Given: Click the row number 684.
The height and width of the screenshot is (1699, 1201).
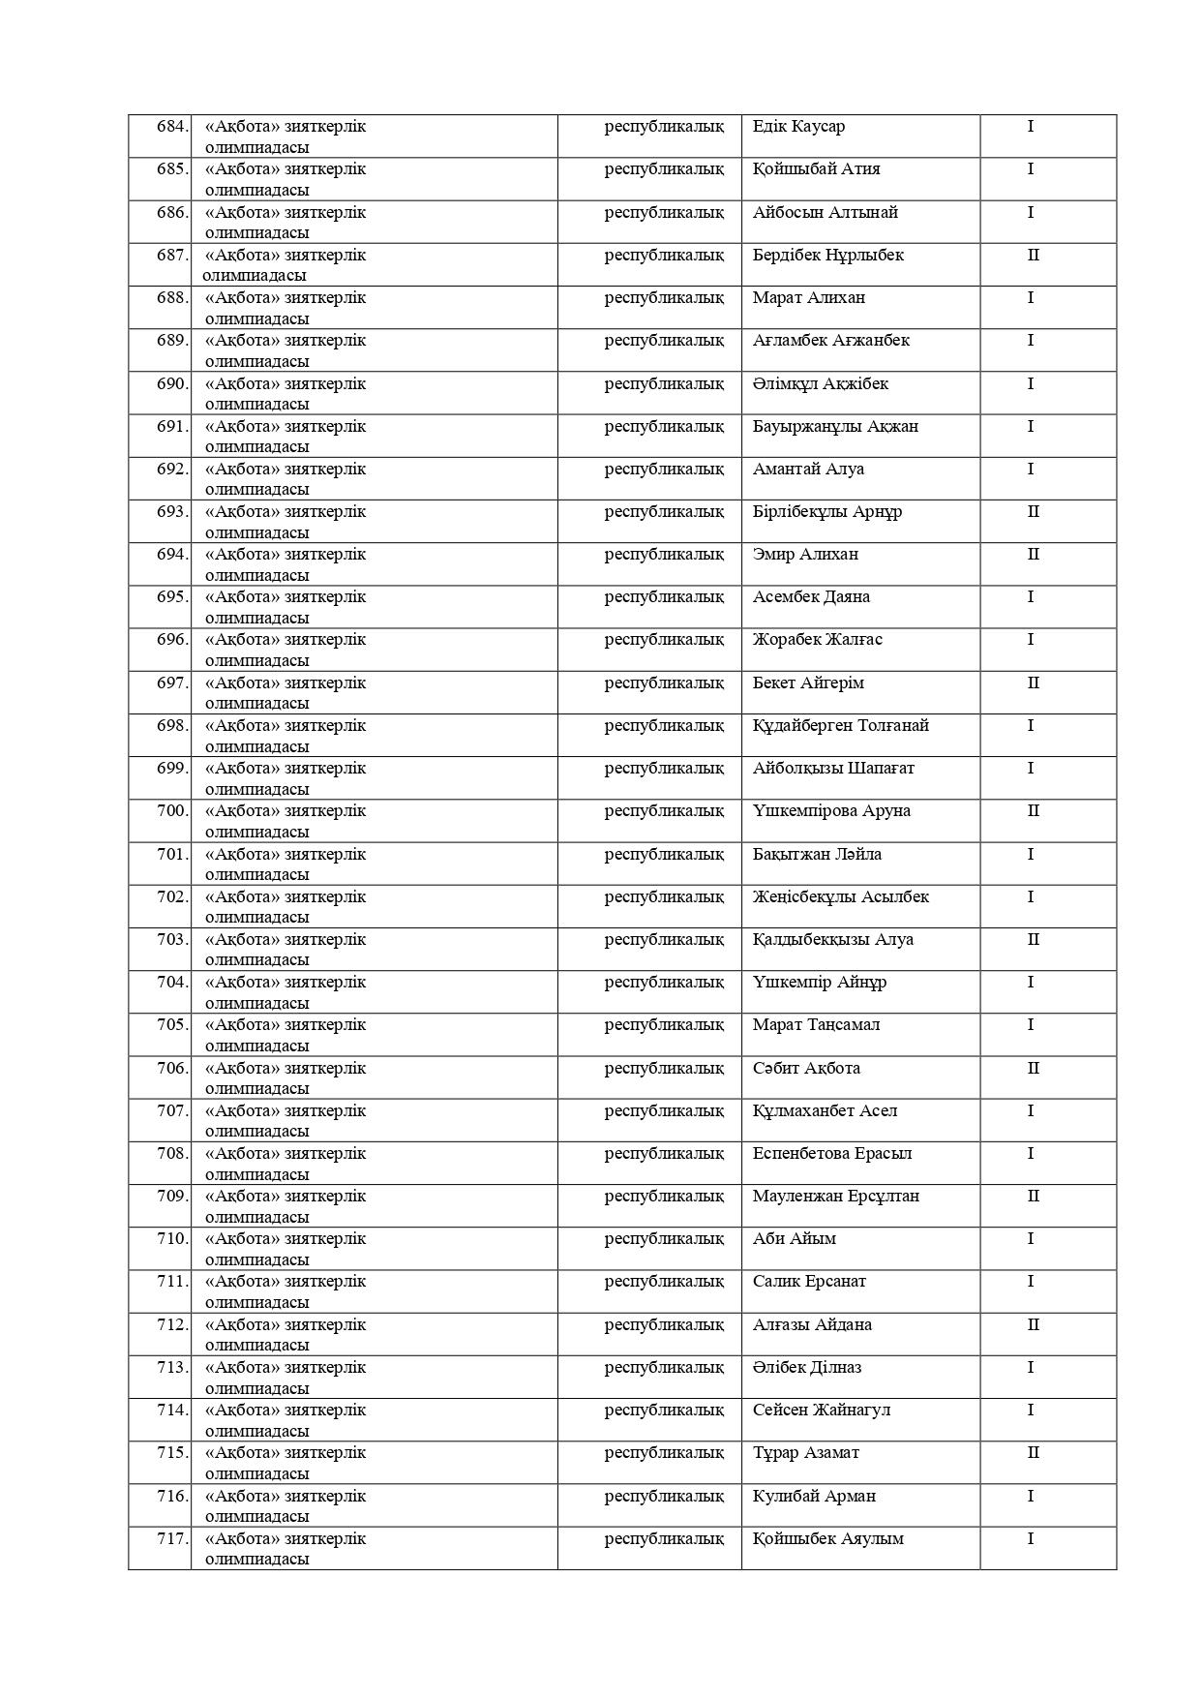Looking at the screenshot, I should (x=172, y=127).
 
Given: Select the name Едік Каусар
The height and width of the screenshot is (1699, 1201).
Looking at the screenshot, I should (x=798, y=127).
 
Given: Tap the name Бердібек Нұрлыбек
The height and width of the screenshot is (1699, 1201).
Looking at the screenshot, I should (x=827, y=256).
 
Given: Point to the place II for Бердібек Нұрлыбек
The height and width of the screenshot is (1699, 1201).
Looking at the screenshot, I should (x=1033, y=256).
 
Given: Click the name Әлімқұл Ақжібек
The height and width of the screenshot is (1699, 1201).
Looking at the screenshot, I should (x=820, y=384).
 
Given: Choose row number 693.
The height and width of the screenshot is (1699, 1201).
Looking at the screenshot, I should (x=172, y=512).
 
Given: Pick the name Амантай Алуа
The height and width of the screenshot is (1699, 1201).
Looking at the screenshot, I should (x=808, y=470).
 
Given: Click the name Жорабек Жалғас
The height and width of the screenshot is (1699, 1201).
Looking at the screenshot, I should (x=817, y=640).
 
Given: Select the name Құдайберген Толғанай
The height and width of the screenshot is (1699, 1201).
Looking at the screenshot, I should (x=840, y=726).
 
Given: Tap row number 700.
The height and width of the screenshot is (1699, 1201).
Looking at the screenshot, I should (x=172, y=811).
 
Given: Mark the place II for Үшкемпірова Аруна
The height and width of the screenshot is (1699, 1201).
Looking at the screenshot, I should (x=1033, y=811).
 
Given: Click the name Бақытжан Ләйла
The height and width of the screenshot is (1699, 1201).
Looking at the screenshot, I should (x=817, y=855).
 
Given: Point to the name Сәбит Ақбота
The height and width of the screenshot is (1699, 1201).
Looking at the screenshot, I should (x=806, y=1069).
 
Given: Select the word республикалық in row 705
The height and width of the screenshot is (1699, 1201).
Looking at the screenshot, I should (x=664, y=1025).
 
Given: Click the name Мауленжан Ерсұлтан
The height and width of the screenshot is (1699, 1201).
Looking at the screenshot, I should (x=835, y=1197).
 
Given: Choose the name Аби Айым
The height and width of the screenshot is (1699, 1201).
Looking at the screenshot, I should (x=794, y=1239).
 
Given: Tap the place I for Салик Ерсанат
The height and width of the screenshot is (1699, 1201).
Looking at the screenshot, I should (x=1031, y=1282).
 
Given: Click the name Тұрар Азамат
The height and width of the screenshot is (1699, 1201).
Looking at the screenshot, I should (x=805, y=1453).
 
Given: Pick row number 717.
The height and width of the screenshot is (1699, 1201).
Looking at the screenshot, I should (x=172, y=1539).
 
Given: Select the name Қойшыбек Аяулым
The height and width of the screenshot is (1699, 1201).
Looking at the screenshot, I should (x=827, y=1539).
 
